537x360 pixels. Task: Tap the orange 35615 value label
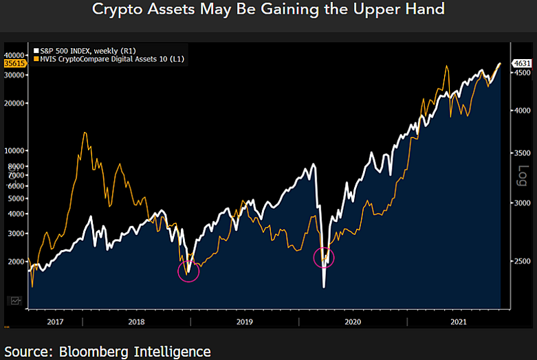(x=14, y=63)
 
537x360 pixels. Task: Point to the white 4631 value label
(x=523, y=64)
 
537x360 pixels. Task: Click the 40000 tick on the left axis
(x=14, y=55)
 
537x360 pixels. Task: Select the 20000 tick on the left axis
(x=14, y=103)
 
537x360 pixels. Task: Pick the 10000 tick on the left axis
(x=14, y=150)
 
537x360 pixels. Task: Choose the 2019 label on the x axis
(x=244, y=321)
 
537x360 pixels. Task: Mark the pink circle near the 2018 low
(x=188, y=271)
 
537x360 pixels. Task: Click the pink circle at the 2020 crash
(x=324, y=258)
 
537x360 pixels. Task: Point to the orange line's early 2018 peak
(x=85, y=133)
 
